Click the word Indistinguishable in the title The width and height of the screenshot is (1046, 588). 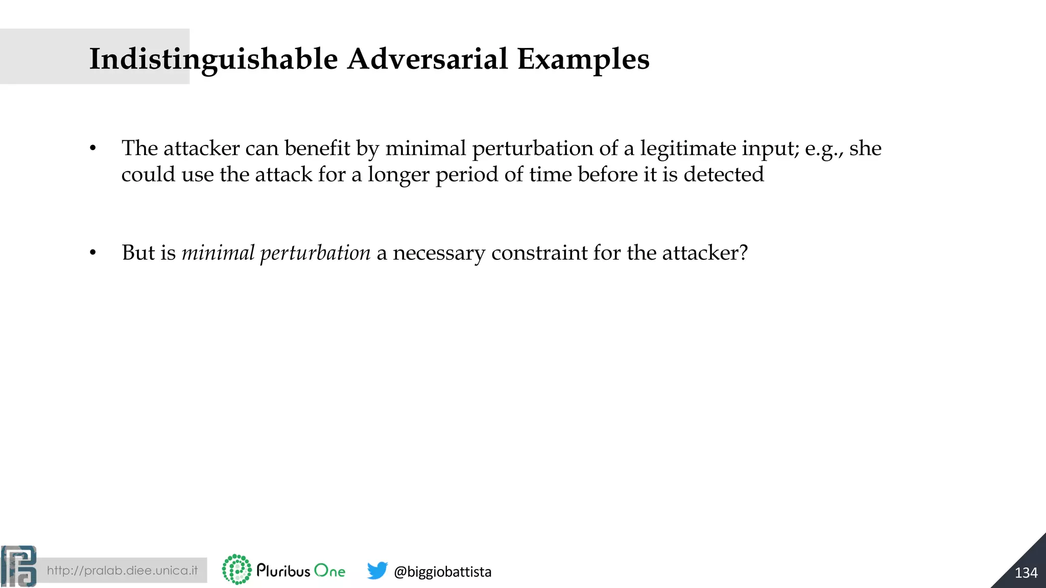point(213,59)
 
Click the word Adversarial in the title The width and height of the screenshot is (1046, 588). point(427,59)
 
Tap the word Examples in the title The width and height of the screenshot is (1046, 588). point(583,59)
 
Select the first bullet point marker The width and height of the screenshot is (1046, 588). point(92,149)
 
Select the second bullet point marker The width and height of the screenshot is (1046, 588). point(92,253)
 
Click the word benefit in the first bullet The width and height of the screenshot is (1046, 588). point(317,149)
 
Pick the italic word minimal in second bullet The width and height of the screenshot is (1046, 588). point(218,253)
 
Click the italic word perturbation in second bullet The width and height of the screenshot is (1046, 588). point(315,253)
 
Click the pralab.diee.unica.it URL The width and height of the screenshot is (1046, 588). point(122,571)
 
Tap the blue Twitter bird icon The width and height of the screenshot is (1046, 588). point(377,570)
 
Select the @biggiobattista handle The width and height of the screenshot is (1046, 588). point(442,572)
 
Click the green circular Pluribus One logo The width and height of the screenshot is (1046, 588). point(237,570)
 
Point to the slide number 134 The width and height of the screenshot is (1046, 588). point(1026,573)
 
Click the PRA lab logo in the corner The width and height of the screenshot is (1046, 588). point(18,567)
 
